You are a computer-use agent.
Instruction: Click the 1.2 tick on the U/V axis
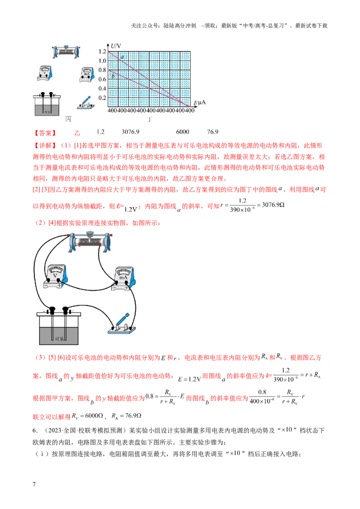click(102, 51)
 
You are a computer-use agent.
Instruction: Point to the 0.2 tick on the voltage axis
click(102, 98)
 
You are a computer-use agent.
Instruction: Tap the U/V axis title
click(116, 46)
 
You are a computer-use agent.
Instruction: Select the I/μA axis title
click(200, 103)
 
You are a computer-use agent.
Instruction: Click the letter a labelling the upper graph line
click(122, 57)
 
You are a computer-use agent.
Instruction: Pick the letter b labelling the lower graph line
click(113, 76)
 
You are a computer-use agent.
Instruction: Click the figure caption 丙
click(68, 119)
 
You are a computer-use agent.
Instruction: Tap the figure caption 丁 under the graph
click(149, 119)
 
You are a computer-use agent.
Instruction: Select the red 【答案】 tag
click(45, 133)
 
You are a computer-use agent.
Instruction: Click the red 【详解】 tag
click(45, 145)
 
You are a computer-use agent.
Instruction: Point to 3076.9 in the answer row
click(130, 132)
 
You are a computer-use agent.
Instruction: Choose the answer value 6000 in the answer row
click(183, 132)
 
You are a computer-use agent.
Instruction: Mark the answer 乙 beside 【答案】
click(77, 133)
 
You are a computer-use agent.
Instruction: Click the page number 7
click(34, 484)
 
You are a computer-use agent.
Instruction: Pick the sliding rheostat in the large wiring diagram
click(90, 241)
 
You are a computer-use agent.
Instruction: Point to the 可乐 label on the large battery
click(59, 339)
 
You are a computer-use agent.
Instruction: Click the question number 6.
click(35, 430)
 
